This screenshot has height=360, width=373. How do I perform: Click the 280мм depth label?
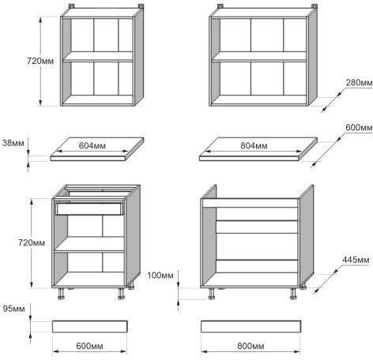(x=359, y=83)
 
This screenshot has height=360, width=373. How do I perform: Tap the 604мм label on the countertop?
(x=92, y=145)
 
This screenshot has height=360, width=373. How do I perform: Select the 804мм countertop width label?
(x=254, y=145)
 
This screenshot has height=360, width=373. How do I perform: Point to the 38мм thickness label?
(x=13, y=143)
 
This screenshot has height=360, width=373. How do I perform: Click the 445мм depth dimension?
(x=356, y=260)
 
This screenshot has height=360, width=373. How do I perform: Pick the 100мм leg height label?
(x=160, y=276)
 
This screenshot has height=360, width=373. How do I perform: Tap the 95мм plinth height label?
(x=14, y=309)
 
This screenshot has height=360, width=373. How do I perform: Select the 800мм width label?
(x=251, y=346)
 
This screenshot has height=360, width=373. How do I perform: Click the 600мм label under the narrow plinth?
(x=89, y=346)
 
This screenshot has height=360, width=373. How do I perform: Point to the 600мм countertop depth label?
(x=359, y=128)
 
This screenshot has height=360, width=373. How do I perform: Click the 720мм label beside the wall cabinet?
(x=40, y=61)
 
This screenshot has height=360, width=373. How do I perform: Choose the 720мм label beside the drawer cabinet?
(x=32, y=242)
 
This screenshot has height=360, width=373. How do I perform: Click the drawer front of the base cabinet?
(x=89, y=208)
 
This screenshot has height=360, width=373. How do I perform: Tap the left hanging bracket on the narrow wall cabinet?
(x=72, y=6)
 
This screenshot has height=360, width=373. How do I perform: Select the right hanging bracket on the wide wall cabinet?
(x=315, y=6)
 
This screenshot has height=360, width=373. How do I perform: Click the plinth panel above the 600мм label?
(x=90, y=326)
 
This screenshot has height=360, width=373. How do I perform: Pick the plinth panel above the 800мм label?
(x=251, y=326)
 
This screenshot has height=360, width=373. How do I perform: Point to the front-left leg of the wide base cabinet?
(x=211, y=294)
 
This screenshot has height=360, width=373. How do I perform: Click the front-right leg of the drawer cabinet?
(x=121, y=294)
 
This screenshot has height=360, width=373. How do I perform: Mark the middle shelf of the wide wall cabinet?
(x=259, y=57)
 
